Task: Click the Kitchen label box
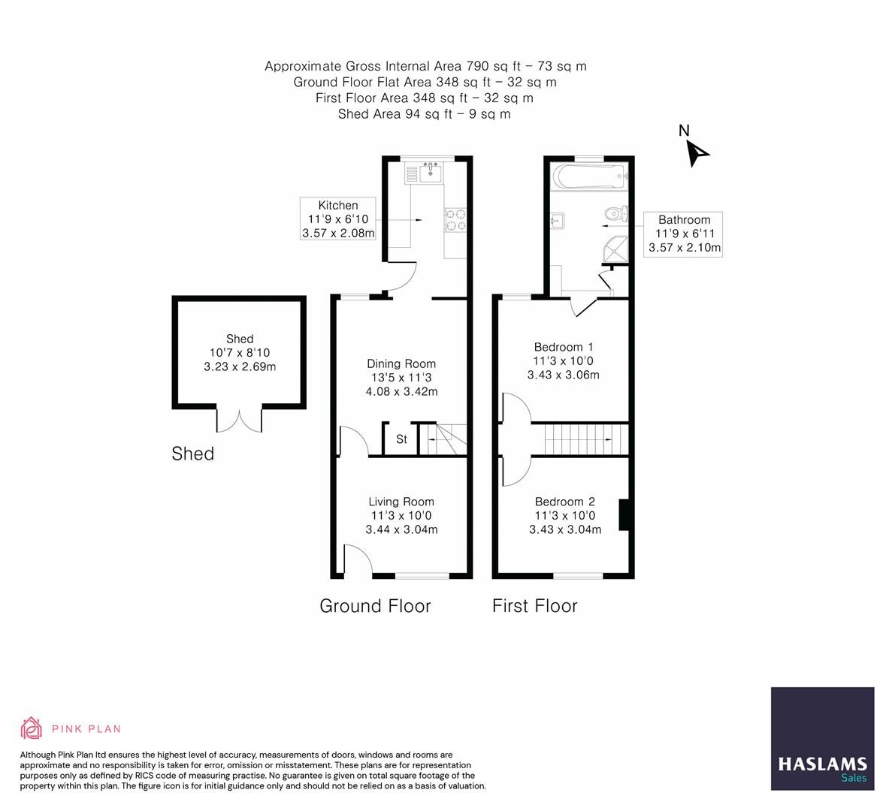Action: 337,219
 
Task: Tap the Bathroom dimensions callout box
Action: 684,234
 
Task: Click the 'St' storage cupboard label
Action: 401,439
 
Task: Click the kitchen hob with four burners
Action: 455,218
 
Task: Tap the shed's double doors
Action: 240,420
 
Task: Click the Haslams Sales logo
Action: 822,738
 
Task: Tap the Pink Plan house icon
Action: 32,728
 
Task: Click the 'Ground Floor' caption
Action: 375,606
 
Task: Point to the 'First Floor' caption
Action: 534,606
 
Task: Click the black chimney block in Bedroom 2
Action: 623,515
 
